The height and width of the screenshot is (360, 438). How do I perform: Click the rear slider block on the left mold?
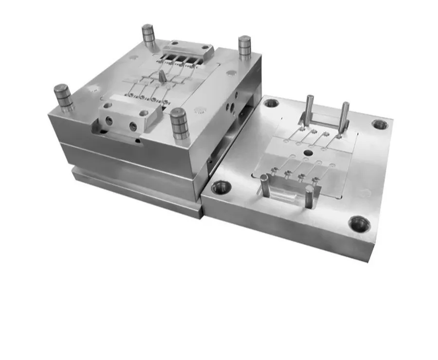coord(187,50)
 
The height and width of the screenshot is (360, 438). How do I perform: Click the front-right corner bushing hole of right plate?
coord(360,224)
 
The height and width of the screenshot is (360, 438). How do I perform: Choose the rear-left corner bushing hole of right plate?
coord(271,103)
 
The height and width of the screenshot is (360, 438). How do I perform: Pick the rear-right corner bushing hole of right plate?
coord(380,124)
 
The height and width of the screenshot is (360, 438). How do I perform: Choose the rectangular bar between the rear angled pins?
coord(324,122)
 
